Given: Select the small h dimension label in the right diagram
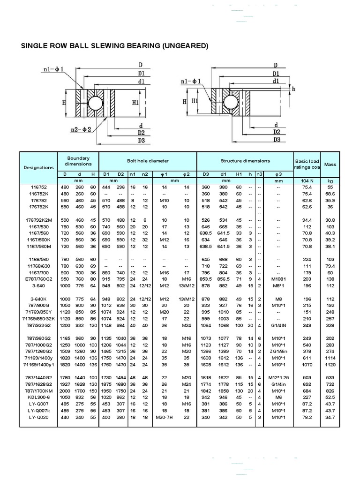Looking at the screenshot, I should (x=294, y=89).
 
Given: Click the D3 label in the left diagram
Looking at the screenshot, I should (x=141, y=140).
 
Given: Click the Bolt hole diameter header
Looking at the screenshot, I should (x=148, y=161).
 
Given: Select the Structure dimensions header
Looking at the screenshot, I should (x=245, y=161).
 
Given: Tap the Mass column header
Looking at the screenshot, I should (x=330, y=165).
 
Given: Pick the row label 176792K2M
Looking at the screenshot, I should (x=37, y=220).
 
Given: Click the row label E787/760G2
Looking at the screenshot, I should (x=37, y=278).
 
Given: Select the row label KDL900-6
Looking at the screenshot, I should (x=37, y=397).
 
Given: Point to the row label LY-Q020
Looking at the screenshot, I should (x=37, y=417).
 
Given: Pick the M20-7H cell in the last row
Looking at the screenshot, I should (x=164, y=417).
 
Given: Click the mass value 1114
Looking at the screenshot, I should (x=330, y=358).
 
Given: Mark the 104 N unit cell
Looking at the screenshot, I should (x=307, y=180).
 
